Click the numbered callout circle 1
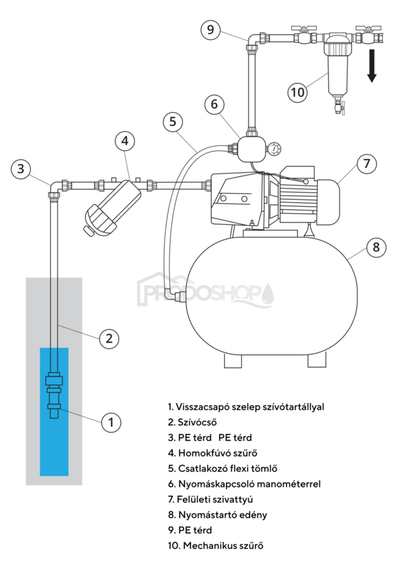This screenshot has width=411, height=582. [110, 422]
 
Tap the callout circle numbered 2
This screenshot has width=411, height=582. [109, 337]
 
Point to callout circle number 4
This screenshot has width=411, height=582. [124, 141]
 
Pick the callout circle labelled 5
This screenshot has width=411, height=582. [173, 122]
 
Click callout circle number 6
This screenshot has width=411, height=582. [214, 104]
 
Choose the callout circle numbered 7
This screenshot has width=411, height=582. [366, 164]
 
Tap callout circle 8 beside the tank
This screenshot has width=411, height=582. [375, 247]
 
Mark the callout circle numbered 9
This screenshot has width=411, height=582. [210, 29]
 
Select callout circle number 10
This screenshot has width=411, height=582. [297, 92]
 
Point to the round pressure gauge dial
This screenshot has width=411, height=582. [275, 148]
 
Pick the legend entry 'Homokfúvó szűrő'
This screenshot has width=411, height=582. [212, 453]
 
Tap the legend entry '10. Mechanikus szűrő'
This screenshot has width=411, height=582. [215, 546]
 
